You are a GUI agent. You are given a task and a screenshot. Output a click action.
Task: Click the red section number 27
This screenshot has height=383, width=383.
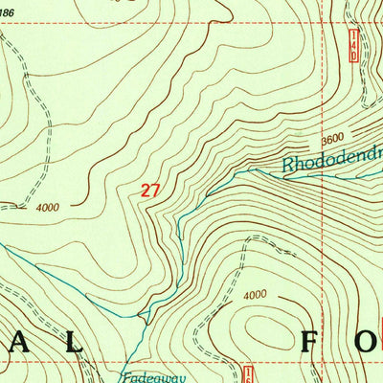149,191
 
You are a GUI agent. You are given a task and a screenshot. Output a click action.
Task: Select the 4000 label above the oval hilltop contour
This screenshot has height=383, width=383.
255,295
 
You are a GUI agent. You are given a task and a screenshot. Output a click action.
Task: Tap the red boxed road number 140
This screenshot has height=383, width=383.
352,45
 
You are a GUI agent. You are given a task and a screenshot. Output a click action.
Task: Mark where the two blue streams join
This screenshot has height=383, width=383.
144,314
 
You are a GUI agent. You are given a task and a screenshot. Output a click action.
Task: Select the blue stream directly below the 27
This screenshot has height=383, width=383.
178,230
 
